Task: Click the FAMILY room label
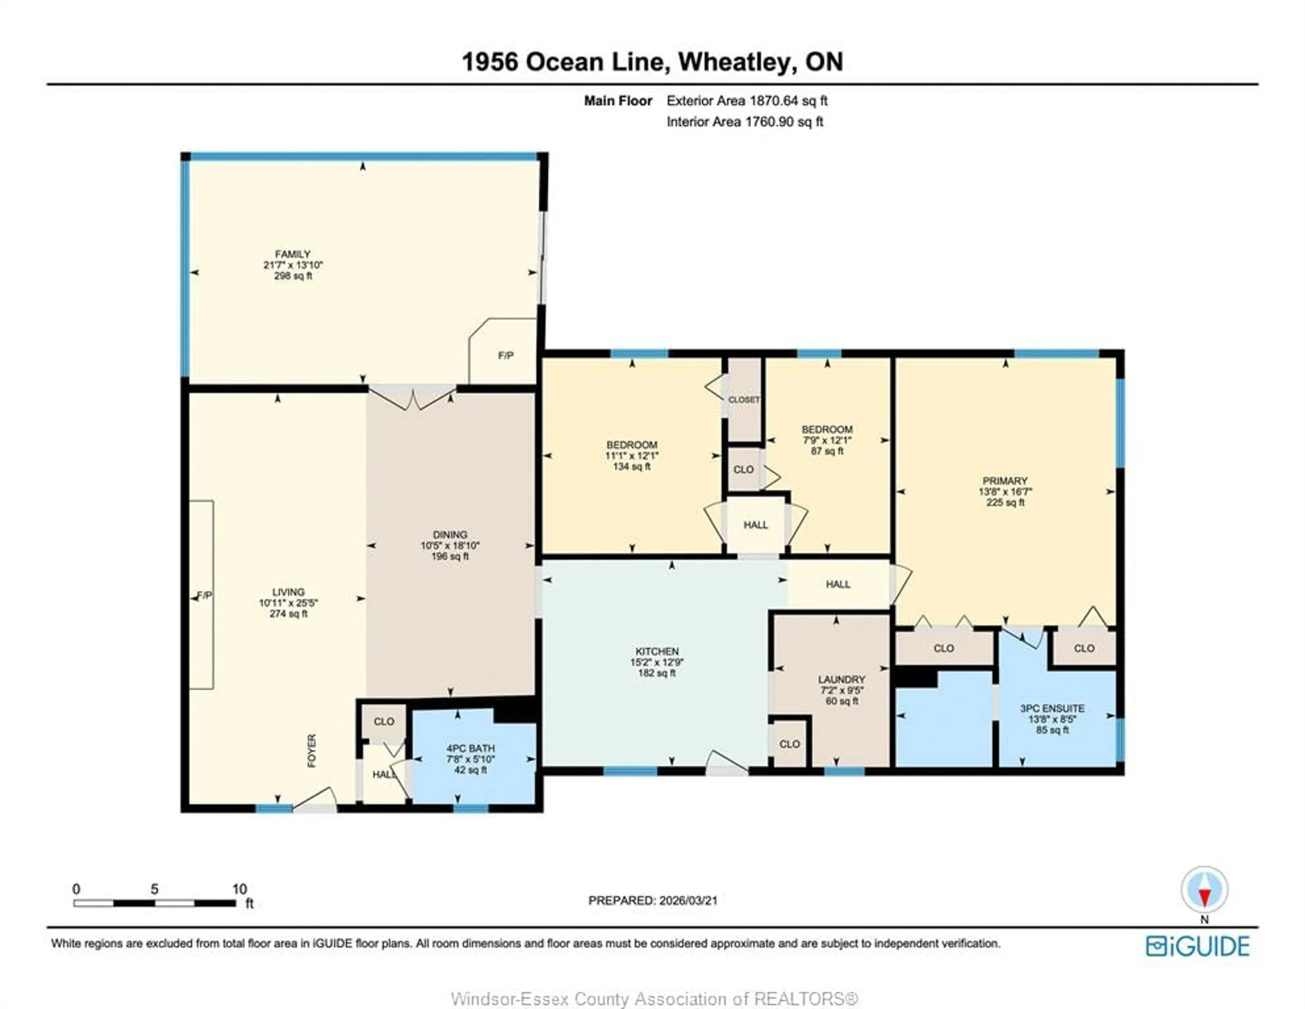(293, 254)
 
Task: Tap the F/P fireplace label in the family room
(505, 355)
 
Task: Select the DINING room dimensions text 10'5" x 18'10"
(450, 545)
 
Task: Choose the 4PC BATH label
(470, 748)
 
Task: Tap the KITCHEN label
(657, 651)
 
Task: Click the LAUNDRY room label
(841, 679)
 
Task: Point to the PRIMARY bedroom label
(1005, 481)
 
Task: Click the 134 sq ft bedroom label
(631, 445)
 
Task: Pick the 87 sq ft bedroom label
(827, 429)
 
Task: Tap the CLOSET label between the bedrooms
(744, 400)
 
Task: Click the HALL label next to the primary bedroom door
(838, 584)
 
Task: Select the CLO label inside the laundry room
(789, 744)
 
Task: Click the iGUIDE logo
(1198, 946)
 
